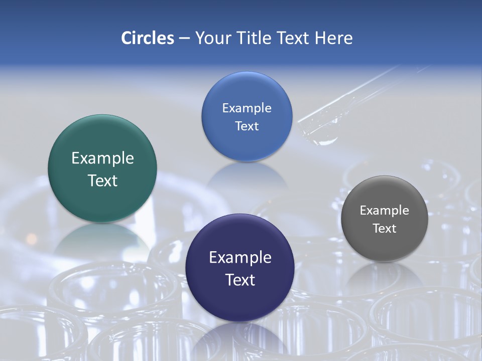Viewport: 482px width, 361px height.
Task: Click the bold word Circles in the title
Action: click(147, 38)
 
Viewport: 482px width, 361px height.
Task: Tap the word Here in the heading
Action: click(333, 38)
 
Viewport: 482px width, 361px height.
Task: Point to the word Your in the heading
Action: click(213, 38)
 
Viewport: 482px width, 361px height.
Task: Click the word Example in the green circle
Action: click(102, 158)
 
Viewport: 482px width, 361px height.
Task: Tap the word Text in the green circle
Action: click(102, 181)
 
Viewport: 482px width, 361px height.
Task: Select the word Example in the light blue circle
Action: click(247, 108)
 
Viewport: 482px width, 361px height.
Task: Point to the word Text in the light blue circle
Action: click(247, 126)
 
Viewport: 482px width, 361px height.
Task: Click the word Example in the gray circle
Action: click(384, 211)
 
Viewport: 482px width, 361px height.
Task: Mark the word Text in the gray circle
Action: click(385, 229)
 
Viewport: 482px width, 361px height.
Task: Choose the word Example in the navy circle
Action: click(240, 258)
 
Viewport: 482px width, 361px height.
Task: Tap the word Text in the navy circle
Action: click(240, 280)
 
